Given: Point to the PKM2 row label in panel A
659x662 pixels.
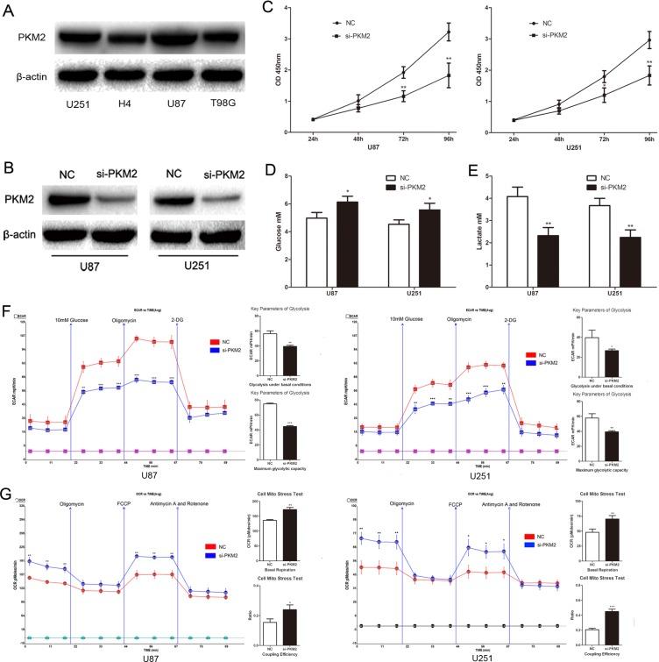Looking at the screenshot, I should pos(25,40).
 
